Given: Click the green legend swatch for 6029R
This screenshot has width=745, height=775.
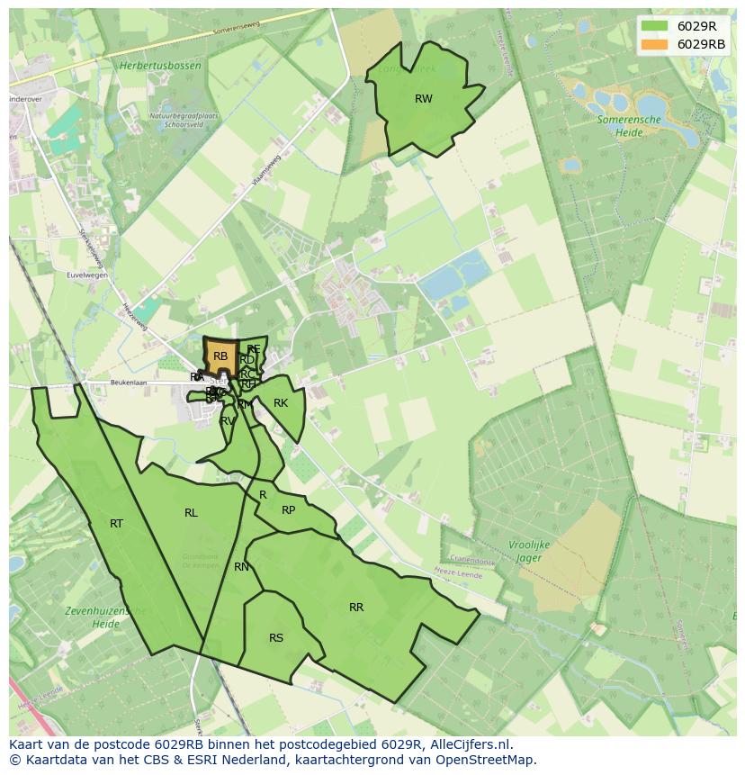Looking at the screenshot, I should click(654, 26).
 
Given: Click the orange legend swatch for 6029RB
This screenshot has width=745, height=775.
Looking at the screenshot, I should click(654, 44).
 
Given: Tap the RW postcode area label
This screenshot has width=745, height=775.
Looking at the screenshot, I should click(424, 99).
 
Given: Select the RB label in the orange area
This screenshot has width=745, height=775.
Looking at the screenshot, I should click(220, 356).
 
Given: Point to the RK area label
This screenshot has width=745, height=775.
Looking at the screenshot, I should click(281, 403).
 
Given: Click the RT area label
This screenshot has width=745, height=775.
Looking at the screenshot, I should click(116, 524).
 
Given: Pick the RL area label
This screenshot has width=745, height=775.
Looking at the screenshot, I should click(191, 513).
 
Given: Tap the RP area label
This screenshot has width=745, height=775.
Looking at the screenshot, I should click(288, 510).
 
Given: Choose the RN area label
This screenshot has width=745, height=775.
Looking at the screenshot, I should click(241, 567).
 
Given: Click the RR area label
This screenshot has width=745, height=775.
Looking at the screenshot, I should click(356, 608).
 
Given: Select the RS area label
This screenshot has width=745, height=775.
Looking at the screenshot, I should click(276, 638).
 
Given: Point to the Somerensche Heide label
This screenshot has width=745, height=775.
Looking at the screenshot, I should click(629, 125).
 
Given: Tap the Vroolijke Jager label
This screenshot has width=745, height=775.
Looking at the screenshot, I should click(527, 551).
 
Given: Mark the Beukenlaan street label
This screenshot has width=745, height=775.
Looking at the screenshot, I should click(102, 383).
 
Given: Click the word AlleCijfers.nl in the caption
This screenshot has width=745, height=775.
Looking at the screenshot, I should click(469, 744).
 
